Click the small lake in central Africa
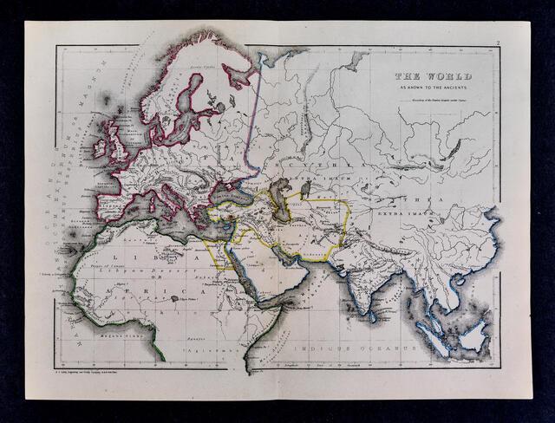tap(176, 299)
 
